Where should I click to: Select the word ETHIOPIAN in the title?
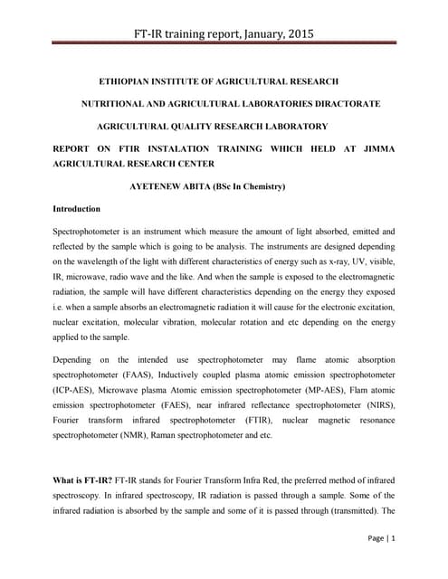click(134, 81)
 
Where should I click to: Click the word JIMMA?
click(374, 148)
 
